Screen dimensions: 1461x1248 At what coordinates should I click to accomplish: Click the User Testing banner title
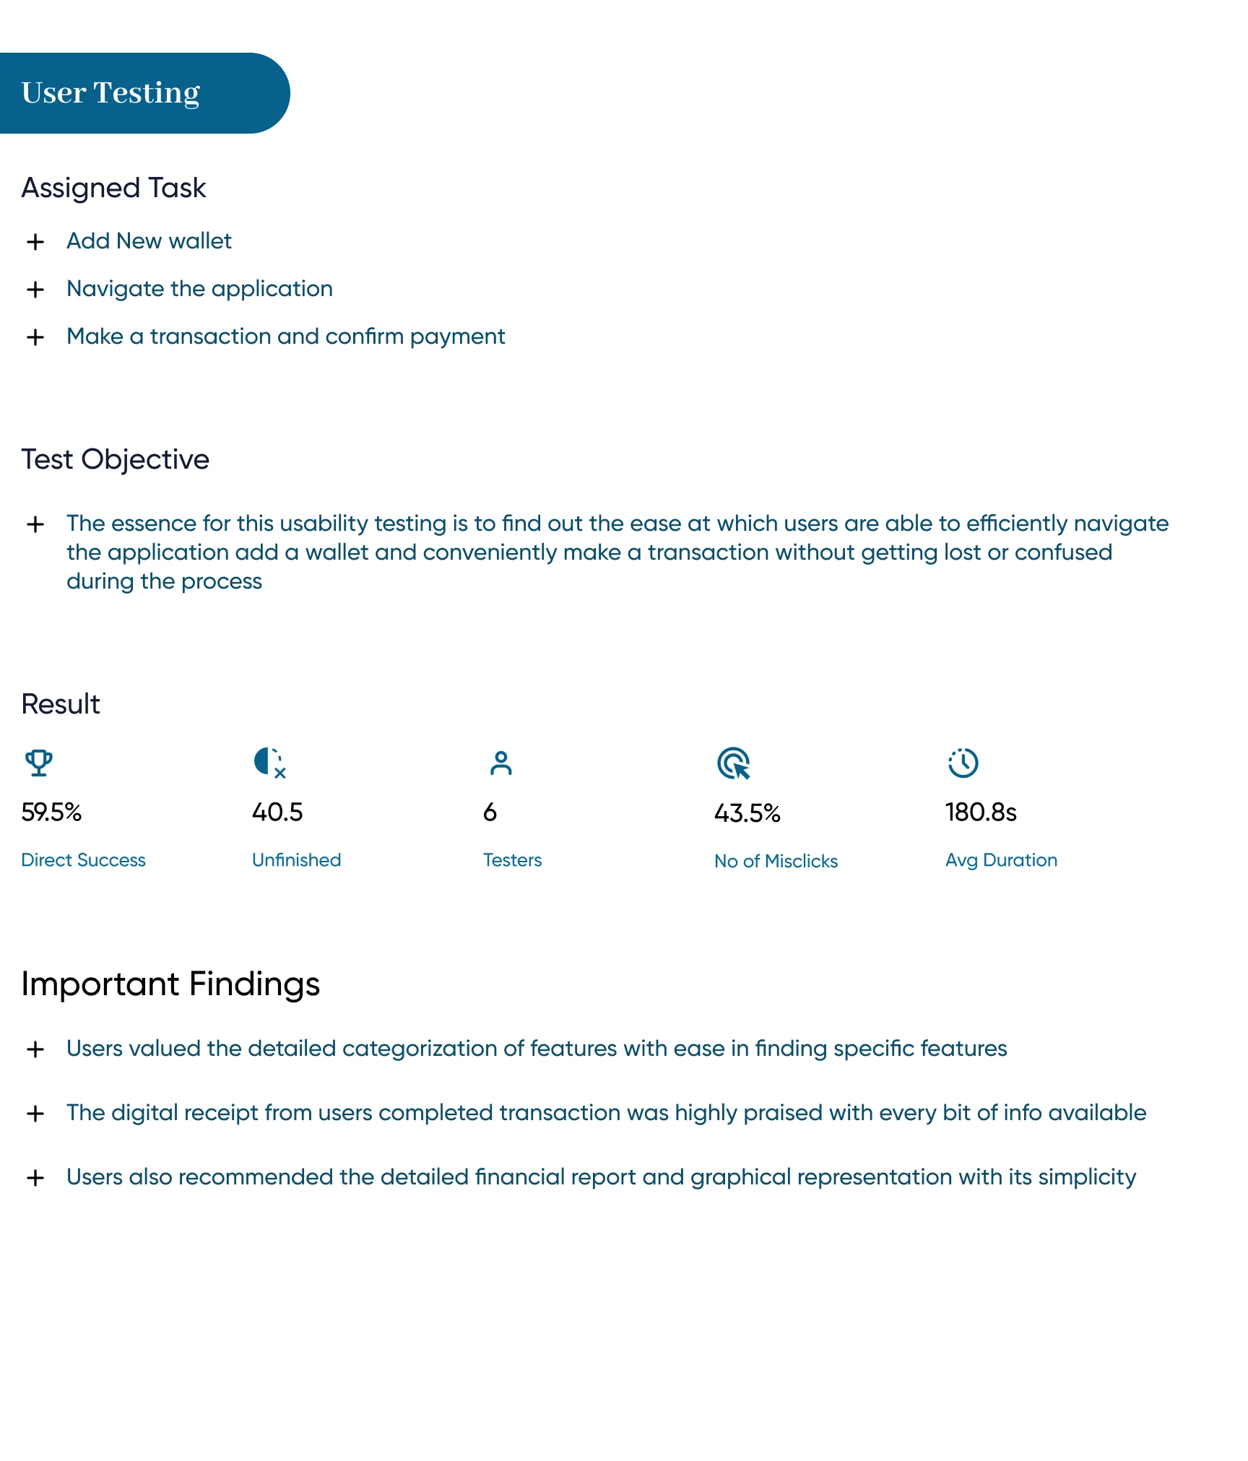[110, 92]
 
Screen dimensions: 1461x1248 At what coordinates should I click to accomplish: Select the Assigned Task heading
[113, 188]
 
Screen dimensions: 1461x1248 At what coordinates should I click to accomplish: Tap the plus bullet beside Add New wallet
[35, 242]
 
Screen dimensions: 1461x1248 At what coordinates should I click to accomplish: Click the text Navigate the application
[199, 289]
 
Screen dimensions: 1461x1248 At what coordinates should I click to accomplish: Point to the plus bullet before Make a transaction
[35, 337]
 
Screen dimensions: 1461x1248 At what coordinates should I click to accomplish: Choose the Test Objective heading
[115, 459]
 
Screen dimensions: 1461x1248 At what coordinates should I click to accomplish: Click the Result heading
[61, 704]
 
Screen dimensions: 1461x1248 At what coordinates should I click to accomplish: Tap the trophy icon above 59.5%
[39, 763]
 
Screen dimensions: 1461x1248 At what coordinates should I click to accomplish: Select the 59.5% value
[51, 812]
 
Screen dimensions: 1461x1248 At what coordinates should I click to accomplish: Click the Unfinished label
[296, 860]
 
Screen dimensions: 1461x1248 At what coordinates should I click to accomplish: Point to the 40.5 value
[277, 812]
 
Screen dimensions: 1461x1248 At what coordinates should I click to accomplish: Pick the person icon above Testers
[500, 763]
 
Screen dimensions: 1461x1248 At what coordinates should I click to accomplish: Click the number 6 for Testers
[490, 812]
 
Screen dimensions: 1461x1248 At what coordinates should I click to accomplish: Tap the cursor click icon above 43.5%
[734, 763]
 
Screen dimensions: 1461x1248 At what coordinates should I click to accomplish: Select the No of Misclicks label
[776, 861]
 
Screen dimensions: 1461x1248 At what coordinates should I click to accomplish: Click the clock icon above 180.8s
[963, 763]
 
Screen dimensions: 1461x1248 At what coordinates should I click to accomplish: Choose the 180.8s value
[981, 812]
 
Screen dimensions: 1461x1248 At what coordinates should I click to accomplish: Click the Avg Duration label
[1001, 860]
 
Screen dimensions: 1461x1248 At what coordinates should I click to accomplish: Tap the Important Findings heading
[170, 984]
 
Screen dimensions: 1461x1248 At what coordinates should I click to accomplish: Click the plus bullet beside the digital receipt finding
[35, 1114]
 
